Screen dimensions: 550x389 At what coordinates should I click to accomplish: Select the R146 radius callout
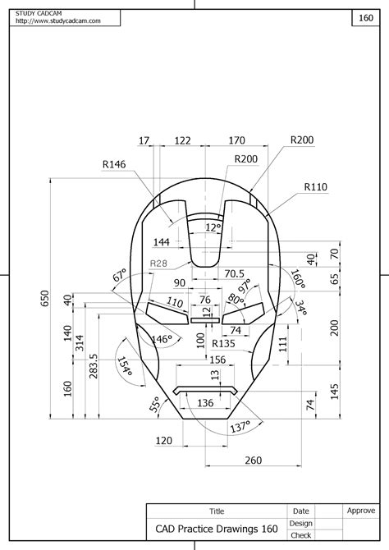tap(114, 165)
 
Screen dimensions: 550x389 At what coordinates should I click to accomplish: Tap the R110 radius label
tap(315, 187)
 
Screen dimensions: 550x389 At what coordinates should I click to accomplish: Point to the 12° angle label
tap(213, 227)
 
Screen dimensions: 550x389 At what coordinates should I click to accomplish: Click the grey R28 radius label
tap(160, 264)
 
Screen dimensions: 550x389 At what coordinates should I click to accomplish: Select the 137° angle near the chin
tap(240, 428)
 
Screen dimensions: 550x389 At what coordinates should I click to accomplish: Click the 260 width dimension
tap(253, 460)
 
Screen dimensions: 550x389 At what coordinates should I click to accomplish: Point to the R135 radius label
tap(224, 343)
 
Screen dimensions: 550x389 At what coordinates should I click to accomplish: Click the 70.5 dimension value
tap(235, 273)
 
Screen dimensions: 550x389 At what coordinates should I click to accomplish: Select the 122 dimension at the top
tap(184, 141)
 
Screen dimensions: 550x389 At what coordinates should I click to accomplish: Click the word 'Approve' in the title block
tap(360, 510)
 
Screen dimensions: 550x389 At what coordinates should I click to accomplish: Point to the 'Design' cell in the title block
tap(300, 523)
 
